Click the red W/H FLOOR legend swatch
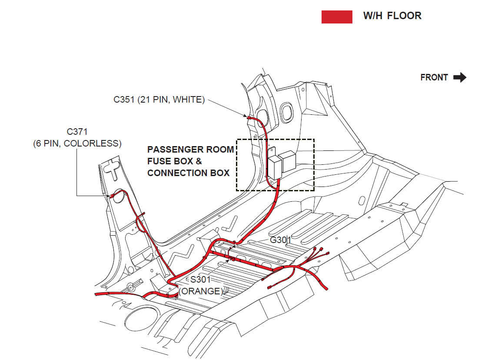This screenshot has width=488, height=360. (x=337, y=17)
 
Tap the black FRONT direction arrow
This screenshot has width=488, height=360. (x=459, y=77)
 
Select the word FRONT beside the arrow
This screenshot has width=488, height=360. (x=434, y=77)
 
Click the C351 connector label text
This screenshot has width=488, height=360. (x=124, y=100)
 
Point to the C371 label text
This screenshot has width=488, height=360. (x=77, y=131)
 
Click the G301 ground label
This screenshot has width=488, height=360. (x=281, y=240)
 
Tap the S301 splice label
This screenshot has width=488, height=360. (x=200, y=280)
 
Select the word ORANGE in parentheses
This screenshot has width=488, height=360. (x=200, y=291)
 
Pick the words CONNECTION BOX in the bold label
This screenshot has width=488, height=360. (x=188, y=173)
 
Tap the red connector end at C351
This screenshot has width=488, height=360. (x=250, y=117)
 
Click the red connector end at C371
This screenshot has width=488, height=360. (x=112, y=197)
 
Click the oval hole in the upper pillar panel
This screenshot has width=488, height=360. (x=286, y=112)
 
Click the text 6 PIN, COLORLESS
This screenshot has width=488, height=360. (x=77, y=143)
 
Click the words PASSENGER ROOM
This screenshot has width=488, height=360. (x=190, y=150)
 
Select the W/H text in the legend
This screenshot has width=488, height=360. (x=372, y=16)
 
